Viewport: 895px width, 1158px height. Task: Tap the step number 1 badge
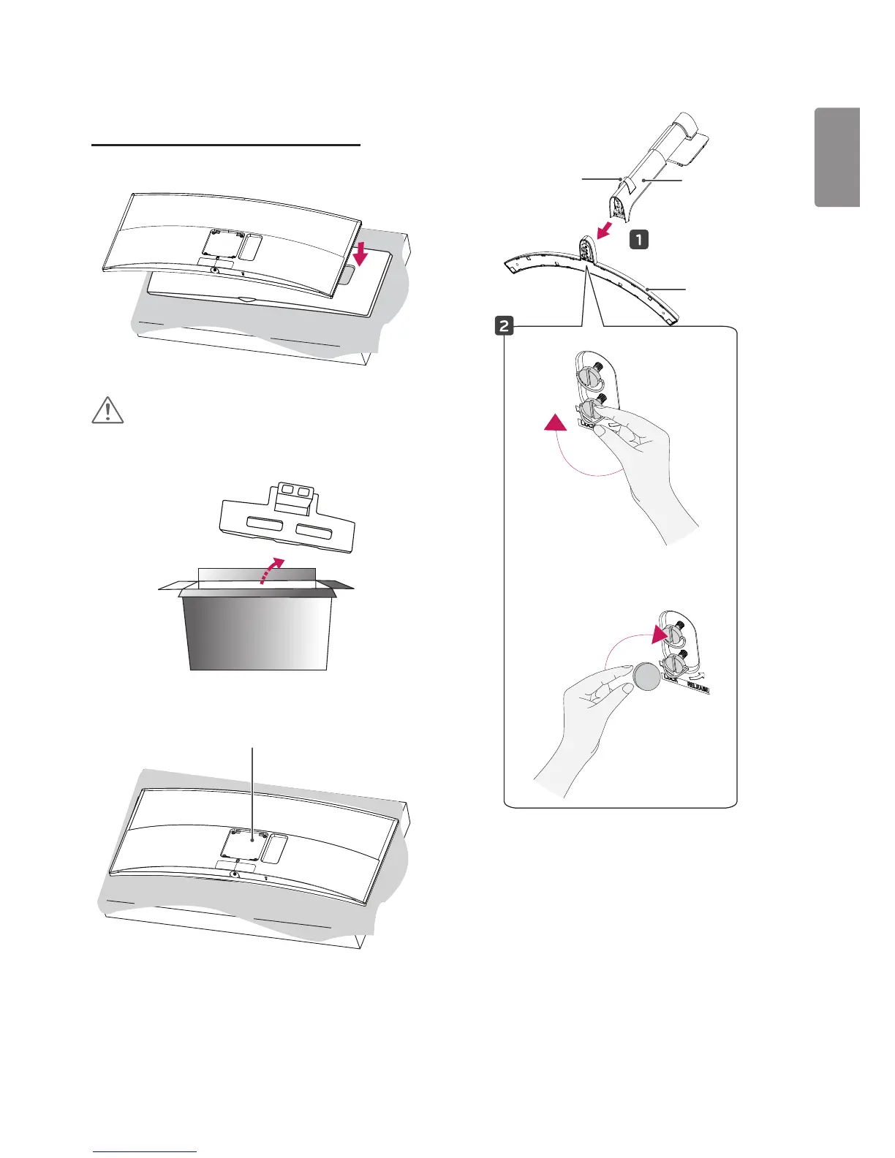(x=638, y=239)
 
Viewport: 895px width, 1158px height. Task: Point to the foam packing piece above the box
(x=287, y=516)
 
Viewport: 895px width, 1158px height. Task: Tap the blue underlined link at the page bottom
(x=145, y=1152)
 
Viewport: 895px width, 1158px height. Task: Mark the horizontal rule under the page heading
(x=226, y=145)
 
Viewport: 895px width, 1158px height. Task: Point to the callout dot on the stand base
(x=648, y=289)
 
